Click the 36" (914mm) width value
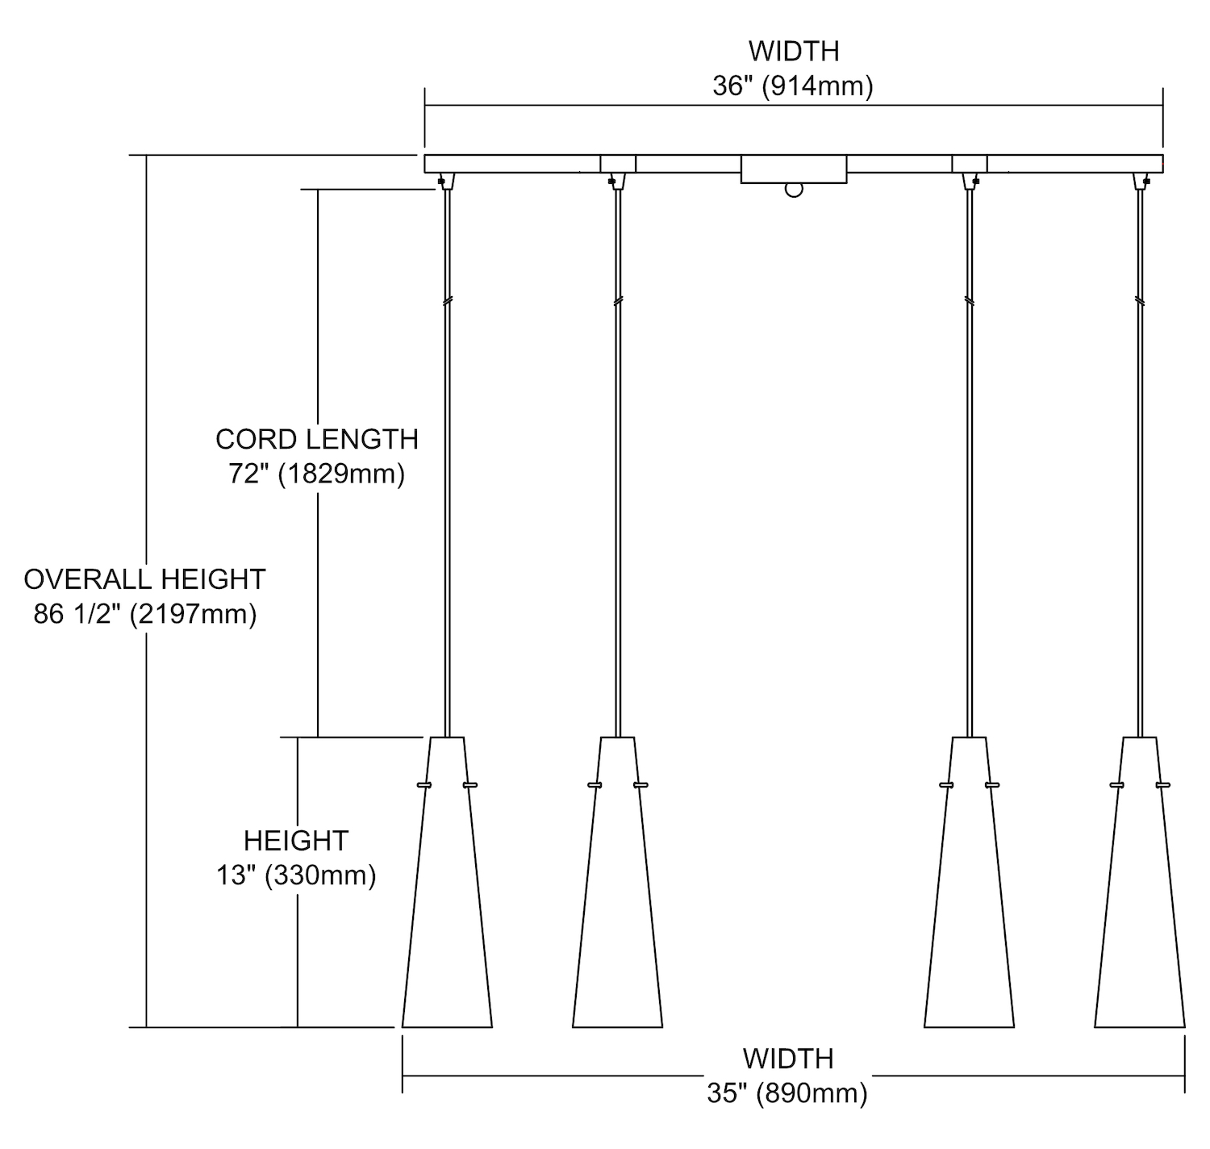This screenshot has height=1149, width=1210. tap(793, 86)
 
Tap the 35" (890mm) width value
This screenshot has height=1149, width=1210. tap(787, 1093)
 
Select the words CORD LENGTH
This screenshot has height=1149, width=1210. tap(317, 439)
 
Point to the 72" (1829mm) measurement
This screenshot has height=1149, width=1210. tap(317, 474)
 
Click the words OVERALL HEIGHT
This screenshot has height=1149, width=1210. tap(144, 579)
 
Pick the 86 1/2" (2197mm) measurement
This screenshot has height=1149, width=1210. tap(144, 615)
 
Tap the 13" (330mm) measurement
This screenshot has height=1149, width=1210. tap(296, 875)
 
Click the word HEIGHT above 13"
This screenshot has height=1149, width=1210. tap(296, 841)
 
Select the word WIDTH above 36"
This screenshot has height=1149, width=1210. tap(794, 51)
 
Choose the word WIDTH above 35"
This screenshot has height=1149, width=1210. tap(788, 1058)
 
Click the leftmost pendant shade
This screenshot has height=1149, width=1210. tap(448, 896)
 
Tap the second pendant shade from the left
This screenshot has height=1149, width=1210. tap(618, 896)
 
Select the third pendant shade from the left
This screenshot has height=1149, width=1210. tap(969, 896)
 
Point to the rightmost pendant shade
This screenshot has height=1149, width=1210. tap(1139, 896)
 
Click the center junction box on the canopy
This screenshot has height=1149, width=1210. tap(794, 169)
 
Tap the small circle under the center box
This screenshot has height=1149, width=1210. tap(795, 190)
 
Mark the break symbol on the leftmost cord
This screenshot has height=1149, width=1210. tap(448, 301)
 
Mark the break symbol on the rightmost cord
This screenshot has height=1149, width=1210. tap(1139, 301)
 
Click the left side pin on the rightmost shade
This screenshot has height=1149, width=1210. tap(1117, 784)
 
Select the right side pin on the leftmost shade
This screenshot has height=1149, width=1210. tap(470, 784)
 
